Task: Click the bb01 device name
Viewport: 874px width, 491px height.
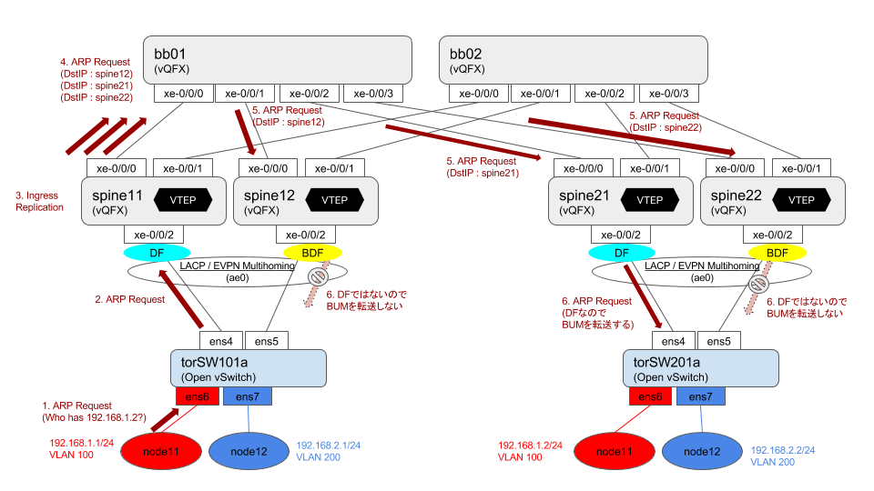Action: [166, 53]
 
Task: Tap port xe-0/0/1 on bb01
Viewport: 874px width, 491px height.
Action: [245, 94]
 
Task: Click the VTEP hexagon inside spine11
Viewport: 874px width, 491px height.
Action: [183, 200]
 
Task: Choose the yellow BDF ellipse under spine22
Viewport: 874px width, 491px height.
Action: [777, 252]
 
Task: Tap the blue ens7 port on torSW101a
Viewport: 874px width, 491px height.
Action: [248, 396]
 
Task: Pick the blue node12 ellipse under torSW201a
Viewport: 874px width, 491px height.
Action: [702, 451]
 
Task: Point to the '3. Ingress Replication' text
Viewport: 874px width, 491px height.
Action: [39, 201]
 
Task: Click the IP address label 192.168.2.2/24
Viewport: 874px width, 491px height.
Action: [783, 449]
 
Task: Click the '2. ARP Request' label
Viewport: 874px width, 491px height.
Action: [131, 299]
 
